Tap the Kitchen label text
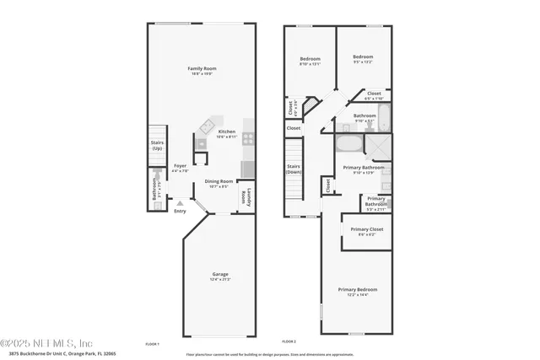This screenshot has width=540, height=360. [x=227, y=132]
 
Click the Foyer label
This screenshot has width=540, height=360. [x=180, y=166]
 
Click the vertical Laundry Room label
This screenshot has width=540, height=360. [x=246, y=196]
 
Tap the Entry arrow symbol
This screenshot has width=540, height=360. [x=179, y=203]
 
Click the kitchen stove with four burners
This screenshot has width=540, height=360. [x=249, y=138]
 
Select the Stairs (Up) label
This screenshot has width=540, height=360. [x=157, y=146]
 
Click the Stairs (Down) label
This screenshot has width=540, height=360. [x=294, y=169]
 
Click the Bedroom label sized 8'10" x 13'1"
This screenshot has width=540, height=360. [x=310, y=59]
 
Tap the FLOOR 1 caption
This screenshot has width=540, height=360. [x=152, y=344]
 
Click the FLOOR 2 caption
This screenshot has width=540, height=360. [x=289, y=341]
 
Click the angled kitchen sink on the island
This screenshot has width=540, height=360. [x=207, y=127]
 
